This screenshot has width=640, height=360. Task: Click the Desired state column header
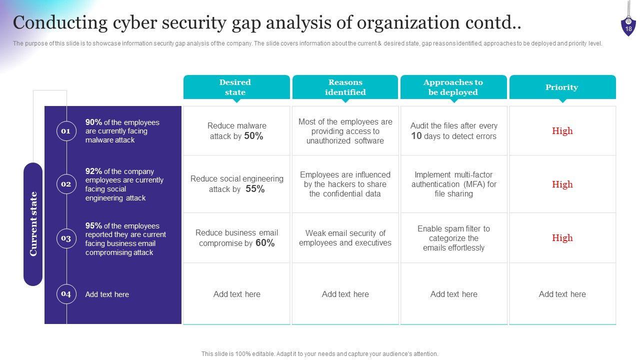click(x=236, y=87)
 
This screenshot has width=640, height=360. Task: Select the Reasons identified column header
click(x=345, y=87)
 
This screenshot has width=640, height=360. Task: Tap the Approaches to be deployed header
click(x=453, y=87)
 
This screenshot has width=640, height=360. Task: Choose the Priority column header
click(x=562, y=87)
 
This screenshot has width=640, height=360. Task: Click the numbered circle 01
click(x=66, y=131)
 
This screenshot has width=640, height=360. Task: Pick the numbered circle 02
click(x=66, y=184)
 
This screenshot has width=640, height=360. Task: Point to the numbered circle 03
click(x=66, y=238)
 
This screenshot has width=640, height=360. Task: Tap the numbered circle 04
click(x=66, y=294)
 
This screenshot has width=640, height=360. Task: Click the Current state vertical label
click(x=33, y=224)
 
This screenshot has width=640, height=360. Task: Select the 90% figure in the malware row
click(x=93, y=122)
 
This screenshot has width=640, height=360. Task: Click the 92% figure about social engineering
click(x=93, y=171)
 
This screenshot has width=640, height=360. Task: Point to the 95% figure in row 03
click(x=93, y=225)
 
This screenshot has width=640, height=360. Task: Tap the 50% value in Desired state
click(x=253, y=136)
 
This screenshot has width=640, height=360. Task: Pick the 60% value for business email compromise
click(x=265, y=243)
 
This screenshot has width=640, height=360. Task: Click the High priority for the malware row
click(x=562, y=131)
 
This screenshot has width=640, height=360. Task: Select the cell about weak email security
click(x=345, y=238)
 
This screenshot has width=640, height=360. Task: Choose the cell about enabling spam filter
click(x=453, y=238)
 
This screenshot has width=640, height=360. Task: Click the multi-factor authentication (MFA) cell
click(x=453, y=184)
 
